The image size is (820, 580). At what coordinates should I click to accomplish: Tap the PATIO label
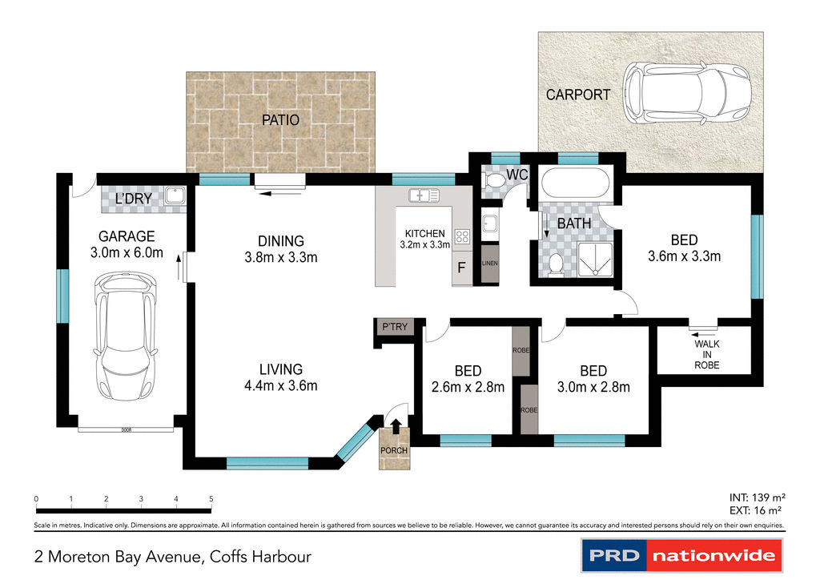click(x=280, y=120)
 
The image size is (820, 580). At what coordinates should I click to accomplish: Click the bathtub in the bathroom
click(x=574, y=185)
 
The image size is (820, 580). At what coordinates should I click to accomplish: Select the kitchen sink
click(x=423, y=195)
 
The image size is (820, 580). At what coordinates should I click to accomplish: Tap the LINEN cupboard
click(x=488, y=264)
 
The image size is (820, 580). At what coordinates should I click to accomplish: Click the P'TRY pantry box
click(x=393, y=327)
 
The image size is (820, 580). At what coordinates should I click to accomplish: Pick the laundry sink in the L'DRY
click(x=173, y=195)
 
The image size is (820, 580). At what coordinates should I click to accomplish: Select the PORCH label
click(x=393, y=450)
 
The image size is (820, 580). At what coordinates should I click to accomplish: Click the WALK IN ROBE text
click(x=706, y=354)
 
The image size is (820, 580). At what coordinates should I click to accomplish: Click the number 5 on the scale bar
click(x=211, y=499)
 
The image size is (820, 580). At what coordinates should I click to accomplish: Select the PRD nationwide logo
click(x=681, y=554)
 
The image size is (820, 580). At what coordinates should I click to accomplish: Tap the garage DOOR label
click(x=126, y=430)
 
